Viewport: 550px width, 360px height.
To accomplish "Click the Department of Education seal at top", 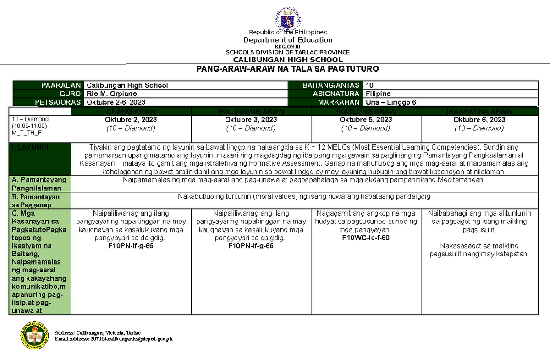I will pos(288,18).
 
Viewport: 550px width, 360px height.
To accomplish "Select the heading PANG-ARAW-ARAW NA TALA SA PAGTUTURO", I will pos(287,69).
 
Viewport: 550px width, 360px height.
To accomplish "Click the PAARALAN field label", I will pos(61,85).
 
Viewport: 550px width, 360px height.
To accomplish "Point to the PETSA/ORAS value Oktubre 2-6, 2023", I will pos(116,102).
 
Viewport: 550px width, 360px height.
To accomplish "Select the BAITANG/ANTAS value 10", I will pos(370,85).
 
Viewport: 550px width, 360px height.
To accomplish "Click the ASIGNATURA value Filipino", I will pos(378,94).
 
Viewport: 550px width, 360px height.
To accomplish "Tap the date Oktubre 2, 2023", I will pos(131,120).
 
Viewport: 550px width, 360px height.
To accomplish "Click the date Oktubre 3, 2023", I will pos(251,120).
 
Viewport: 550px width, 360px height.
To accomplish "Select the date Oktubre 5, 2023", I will pos(366,120).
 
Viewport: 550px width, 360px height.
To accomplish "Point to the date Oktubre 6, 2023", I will pos(479,120).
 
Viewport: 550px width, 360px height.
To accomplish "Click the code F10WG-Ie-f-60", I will pos(366,238).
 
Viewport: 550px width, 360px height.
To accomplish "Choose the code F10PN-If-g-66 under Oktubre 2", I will pos(131,246).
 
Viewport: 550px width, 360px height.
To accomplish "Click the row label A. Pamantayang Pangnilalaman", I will pos(39,184).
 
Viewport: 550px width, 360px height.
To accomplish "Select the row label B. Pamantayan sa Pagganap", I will pos(39,200).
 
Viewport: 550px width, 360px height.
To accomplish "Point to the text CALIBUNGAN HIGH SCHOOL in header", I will pos(287,60).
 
